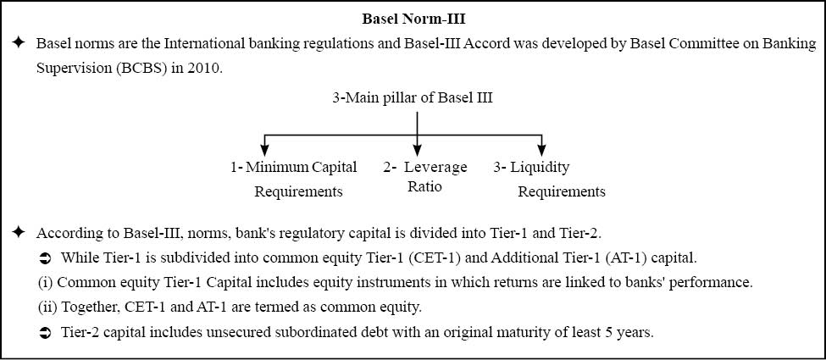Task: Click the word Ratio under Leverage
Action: [x=424, y=186]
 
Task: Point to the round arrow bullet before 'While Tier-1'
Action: [x=45, y=258]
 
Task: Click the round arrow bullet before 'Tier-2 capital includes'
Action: [x=45, y=334]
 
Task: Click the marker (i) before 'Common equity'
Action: [x=45, y=284]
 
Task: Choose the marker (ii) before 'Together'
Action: [x=47, y=308]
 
